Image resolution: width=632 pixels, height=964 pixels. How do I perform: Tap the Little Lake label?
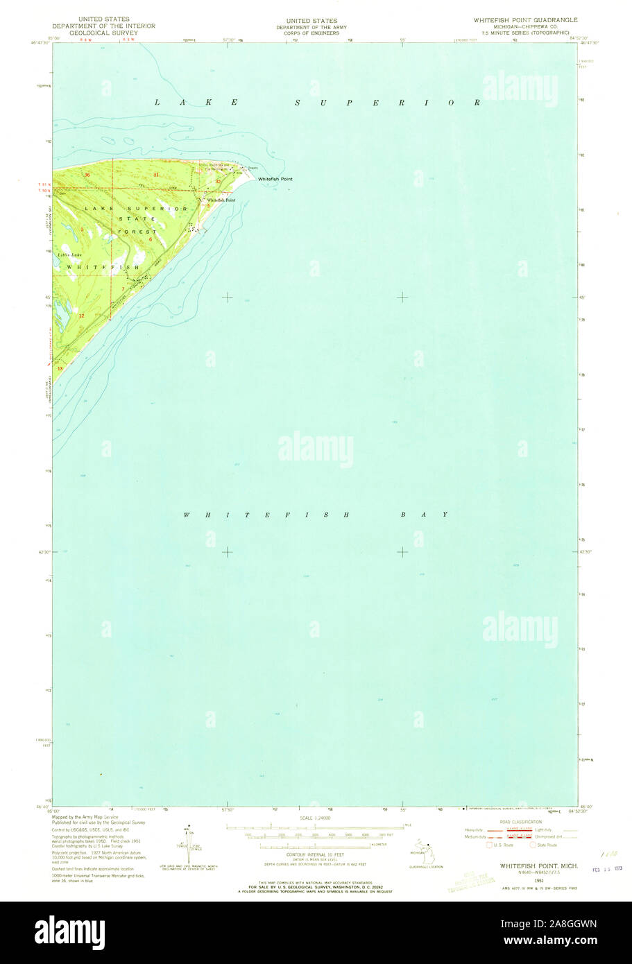[x=69, y=255]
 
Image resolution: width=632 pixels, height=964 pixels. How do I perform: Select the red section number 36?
[x=87, y=175]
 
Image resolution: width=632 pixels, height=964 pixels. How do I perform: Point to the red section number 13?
[x=60, y=368]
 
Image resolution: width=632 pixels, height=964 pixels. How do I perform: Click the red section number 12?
[x=81, y=316]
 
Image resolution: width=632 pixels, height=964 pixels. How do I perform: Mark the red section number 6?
[x=150, y=239]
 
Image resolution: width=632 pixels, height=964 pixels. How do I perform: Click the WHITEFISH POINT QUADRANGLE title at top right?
[x=525, y=20]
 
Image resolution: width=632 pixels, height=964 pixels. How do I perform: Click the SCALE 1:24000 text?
[x=315, y=818]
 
